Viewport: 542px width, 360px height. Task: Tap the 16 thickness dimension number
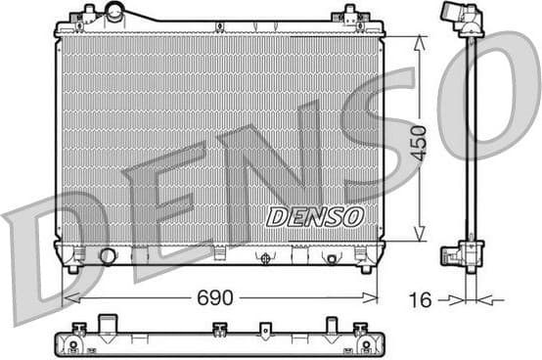pyautogui.click(x=420, y=300)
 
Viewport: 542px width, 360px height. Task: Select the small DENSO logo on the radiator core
pyautogui.click(x=314, y=216)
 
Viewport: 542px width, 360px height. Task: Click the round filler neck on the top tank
pyautogui.click(x=115, y=13)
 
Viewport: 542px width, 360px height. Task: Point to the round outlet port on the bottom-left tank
pyautogui.click(x=108, y=256)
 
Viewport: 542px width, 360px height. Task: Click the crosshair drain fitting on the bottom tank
pyautogui.click(x=263, y=258)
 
